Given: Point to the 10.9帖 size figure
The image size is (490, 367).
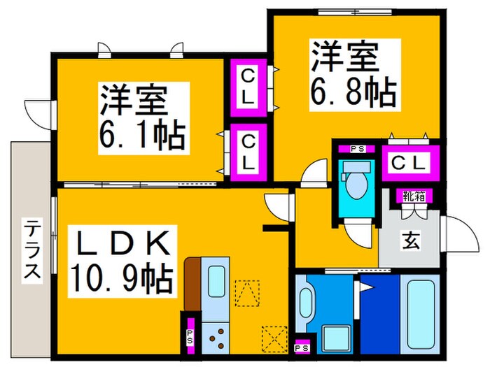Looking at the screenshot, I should [x=121, y=280].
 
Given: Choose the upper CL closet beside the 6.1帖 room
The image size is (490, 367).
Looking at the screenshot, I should [x=248, y=87].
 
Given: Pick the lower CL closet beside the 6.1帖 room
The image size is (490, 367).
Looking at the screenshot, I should [x=248, y=151].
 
